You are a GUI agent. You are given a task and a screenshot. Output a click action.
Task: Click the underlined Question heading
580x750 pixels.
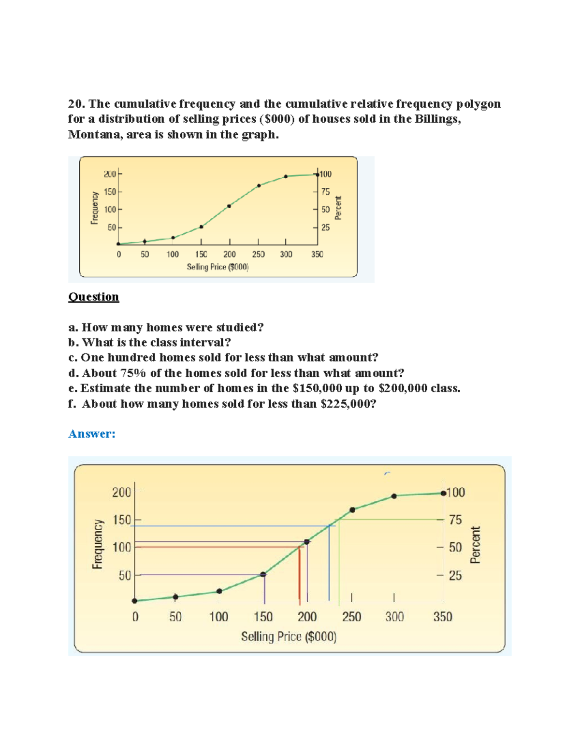93,297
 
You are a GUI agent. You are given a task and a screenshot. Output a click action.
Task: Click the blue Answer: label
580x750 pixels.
92,434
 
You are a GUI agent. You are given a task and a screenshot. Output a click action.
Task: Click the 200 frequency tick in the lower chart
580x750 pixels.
121,493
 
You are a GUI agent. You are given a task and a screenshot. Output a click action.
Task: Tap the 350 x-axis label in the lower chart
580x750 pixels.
443,617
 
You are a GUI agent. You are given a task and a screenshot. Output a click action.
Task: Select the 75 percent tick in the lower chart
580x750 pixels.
455,520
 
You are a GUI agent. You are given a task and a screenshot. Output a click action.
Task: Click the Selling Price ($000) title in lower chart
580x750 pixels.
289,637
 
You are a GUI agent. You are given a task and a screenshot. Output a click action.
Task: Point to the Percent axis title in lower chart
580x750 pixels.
476,545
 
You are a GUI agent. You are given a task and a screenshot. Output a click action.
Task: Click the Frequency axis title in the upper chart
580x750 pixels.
95,208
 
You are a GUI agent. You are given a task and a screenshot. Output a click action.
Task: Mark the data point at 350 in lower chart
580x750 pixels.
443,493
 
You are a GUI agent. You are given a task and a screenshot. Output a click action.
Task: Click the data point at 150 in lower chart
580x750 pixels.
263,574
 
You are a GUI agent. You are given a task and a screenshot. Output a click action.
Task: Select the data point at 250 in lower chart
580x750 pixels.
352,510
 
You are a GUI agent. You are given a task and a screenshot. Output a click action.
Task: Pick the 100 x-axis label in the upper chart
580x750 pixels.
173,255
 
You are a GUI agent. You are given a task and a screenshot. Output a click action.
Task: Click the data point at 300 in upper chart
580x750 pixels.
286,176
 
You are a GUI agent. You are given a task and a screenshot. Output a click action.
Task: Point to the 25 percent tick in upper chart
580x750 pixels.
325,227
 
